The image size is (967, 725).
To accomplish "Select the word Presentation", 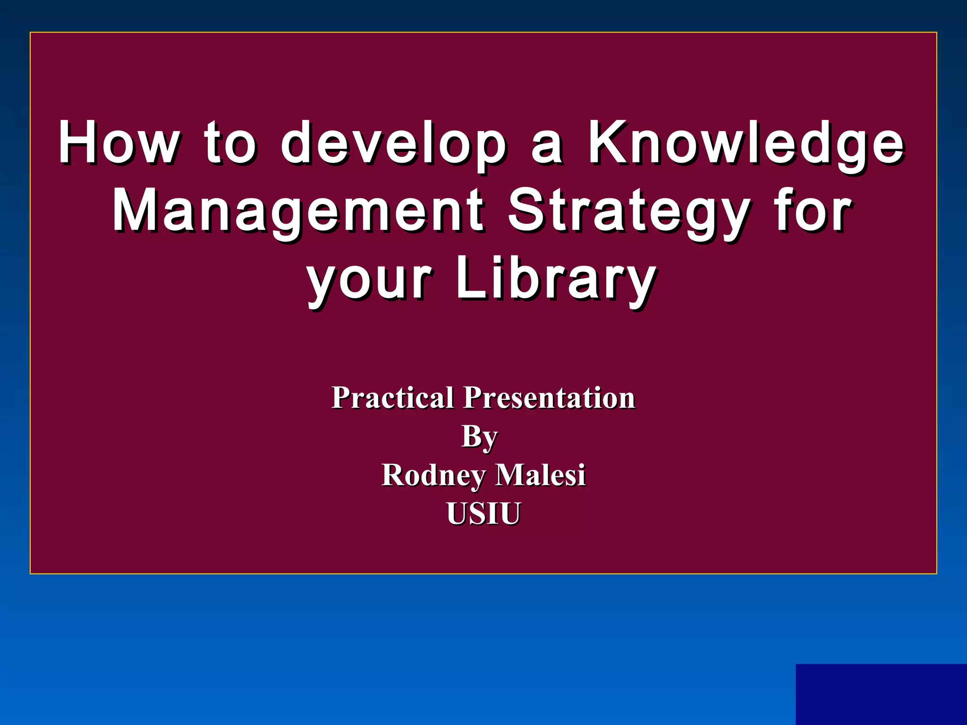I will click(x=549, y=397).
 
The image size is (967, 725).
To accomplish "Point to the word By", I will click(x=479, y=437).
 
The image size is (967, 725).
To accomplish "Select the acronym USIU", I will click(x=483, y=514).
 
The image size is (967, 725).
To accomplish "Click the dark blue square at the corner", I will click(x=881, y=694).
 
